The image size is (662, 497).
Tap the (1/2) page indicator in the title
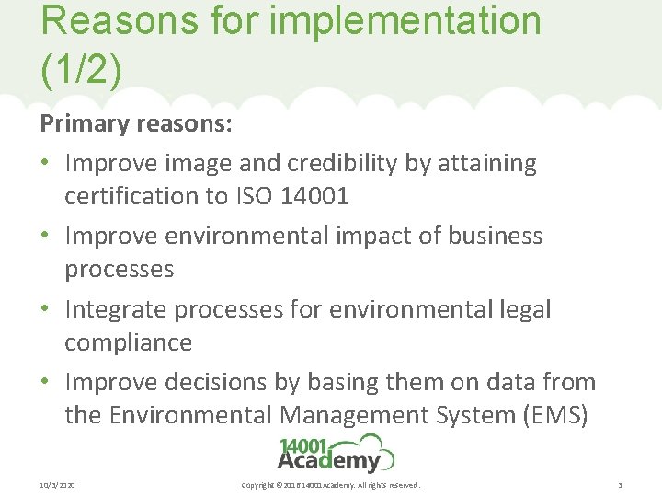tap(81, 69)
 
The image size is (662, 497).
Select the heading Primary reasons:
tap(135, 123)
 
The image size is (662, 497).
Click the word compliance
tap(128, 342)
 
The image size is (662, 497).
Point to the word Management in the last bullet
tap(355, 415)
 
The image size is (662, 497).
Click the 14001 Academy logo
tap(336, 453)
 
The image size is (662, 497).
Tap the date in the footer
tap(57, 484)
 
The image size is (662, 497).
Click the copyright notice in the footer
tap(330, 484)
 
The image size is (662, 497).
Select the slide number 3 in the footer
tap(621, 484)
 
